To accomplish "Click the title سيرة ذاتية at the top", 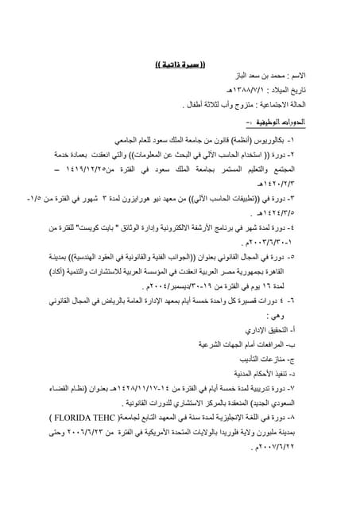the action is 179,62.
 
